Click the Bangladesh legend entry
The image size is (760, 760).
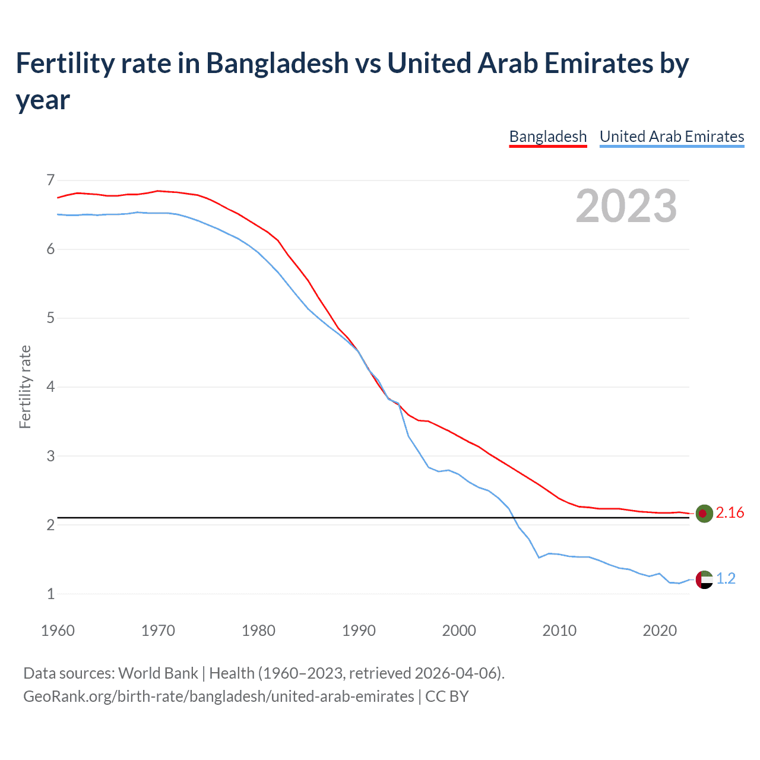[547, 137]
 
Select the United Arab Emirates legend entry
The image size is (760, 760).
[672, 137]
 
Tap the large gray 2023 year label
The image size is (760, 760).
[626, 206]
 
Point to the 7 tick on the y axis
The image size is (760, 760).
[50, 179]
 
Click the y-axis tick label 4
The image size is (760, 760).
[50, 387]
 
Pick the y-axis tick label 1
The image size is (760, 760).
[50, 594]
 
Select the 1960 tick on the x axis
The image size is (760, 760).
[58, 631]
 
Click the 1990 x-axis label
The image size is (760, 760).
[359, 631]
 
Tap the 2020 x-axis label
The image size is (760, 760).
[660, 631]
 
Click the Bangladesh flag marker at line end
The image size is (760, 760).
[704, 513]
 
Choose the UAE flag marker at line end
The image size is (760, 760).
[704, 579]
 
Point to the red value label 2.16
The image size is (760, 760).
[730, 513]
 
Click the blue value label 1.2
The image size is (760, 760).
[726, 579]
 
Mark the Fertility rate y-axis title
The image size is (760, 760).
[25, 387]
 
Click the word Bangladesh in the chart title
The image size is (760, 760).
[277, 63]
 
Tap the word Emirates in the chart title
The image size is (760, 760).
[602, 63]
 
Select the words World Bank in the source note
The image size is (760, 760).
[158, 673]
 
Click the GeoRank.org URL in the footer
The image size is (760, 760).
[218, 696]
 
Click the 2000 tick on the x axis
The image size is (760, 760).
[459, 631]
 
